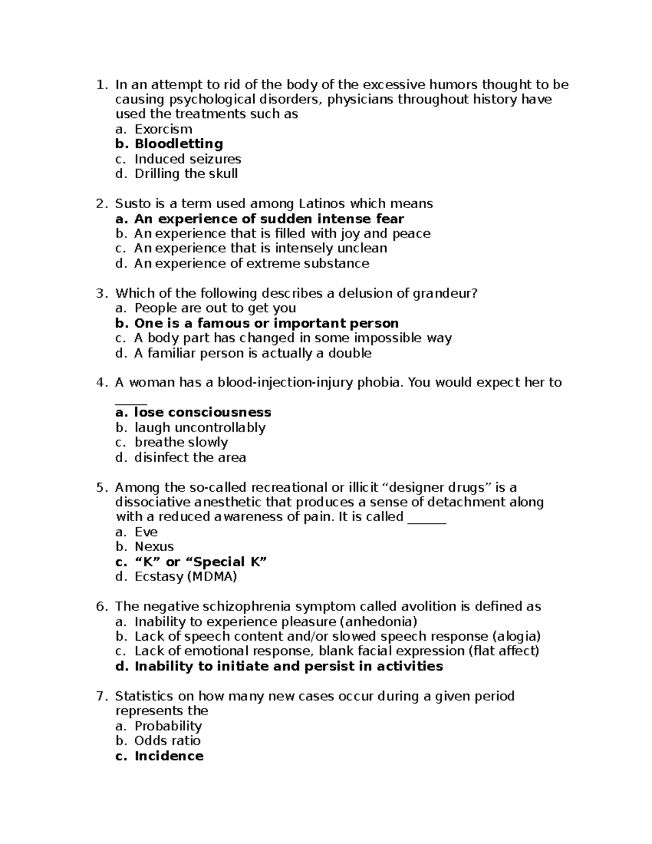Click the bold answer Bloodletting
[x=178, y=144]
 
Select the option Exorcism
[x=163, y=129]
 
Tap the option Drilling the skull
[x=186, y=174]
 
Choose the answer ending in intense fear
[x=269, y=219]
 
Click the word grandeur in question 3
[x=445, y=293]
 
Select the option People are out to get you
[x=215, y=308]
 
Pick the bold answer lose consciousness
[x=203, y=412]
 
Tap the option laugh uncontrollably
[x=200, y=428]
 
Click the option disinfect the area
[x=190, y=458]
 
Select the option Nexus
[x=154, y=547]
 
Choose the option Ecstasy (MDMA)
[x=186, y=577]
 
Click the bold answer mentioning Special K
[x=200, y=562]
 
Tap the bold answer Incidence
[x=168, y=756]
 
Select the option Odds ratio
[x=167, y=741]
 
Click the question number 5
[x=99, y=487]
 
